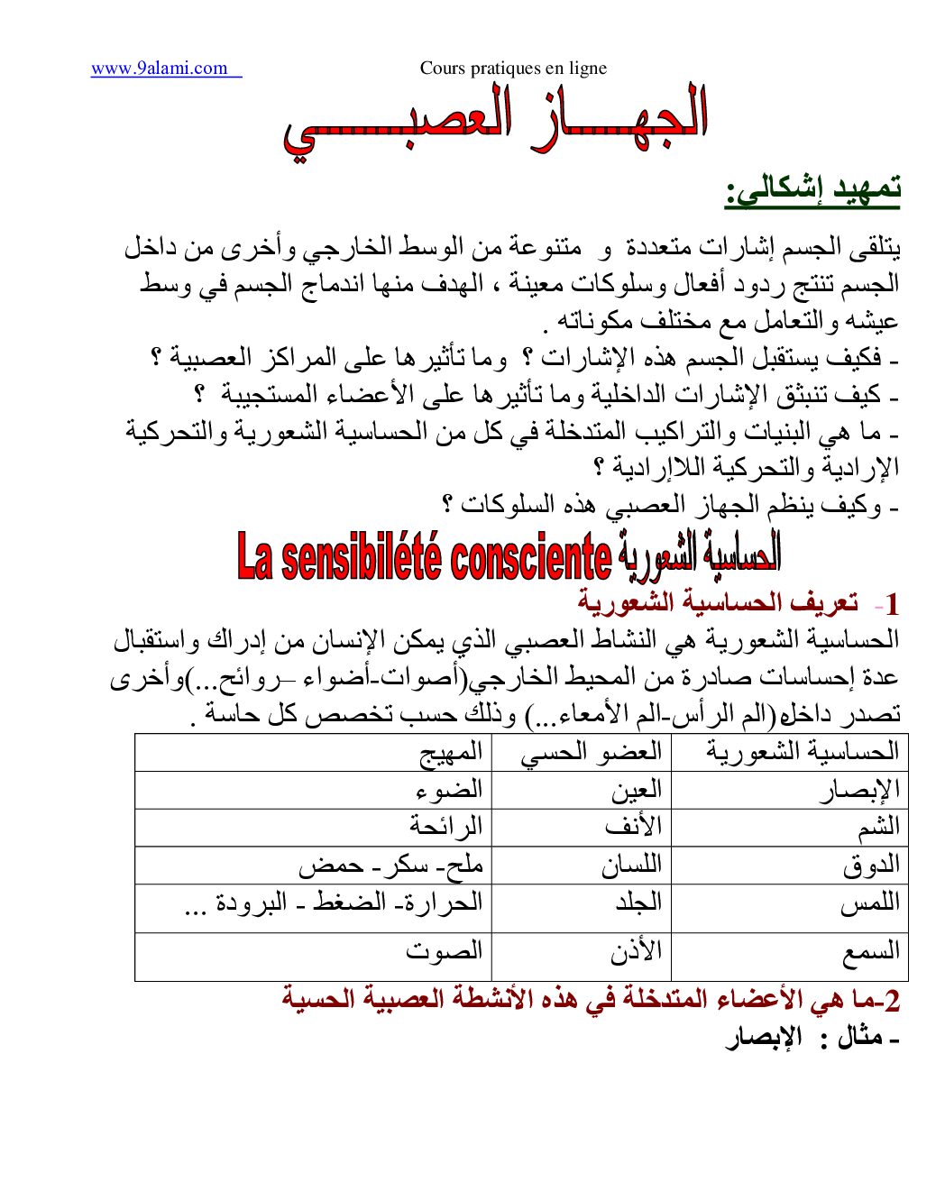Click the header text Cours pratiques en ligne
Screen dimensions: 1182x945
coord(513,69)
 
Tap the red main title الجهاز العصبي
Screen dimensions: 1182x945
coord(495,123)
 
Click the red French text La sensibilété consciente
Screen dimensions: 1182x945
coord(424,557)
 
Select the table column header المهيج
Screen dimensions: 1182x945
coord(451,752)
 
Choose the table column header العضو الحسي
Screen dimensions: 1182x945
coord(592,752)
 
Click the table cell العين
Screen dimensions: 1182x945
coord(637,790)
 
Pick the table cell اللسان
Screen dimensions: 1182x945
coord(631,866)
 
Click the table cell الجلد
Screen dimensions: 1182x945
coord(638,903)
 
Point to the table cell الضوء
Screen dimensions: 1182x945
coord(449,790)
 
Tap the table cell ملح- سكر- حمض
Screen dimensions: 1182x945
coord(391,866)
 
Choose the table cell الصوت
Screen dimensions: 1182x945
coord(444,951)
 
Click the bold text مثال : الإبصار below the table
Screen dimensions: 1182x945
coord(812,1039)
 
